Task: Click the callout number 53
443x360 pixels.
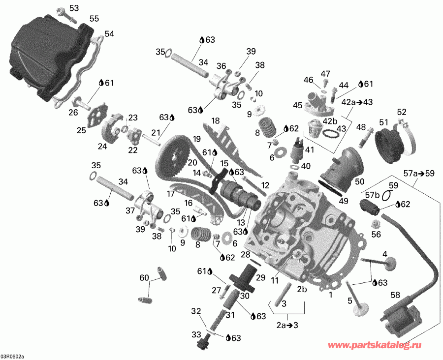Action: [73, 8]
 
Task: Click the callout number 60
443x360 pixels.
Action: [143, 278]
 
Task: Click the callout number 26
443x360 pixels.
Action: [73, 113]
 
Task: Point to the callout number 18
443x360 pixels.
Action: [215, 120]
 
